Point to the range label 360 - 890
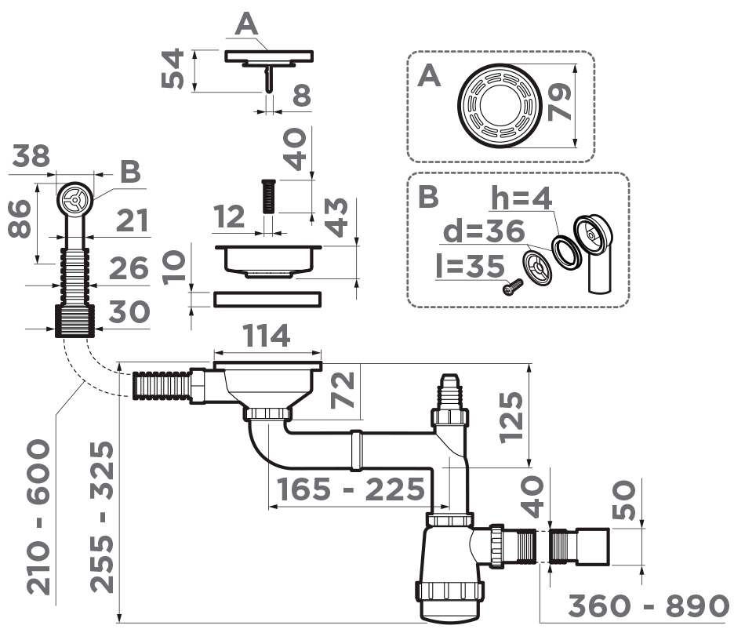(x=649, y=607)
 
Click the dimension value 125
(x=511, y=416)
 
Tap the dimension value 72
(x=343, y=391)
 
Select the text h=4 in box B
(x=519, y=198)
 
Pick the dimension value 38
(x=30, y=158)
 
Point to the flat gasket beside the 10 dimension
(x=267, y=298)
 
